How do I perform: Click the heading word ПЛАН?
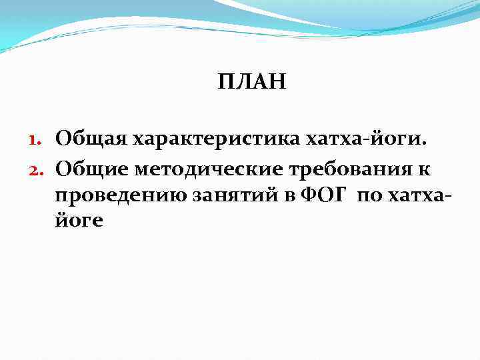pos(252,82)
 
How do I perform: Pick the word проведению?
pos(119,196)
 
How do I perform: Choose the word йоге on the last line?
pos(79,221)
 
